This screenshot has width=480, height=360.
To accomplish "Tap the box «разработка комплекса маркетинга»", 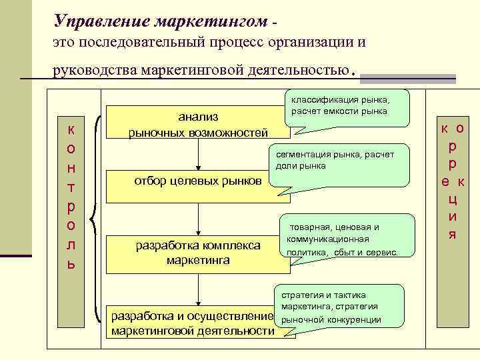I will (198, 253).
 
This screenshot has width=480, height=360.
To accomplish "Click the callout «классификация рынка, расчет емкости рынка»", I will (347, 106).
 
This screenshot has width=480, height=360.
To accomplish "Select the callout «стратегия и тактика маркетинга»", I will (340, 308).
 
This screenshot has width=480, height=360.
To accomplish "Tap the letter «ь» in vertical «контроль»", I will (71, 264).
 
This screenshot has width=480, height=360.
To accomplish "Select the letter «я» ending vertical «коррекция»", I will (452, 234).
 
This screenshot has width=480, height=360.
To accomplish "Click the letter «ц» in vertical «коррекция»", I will (452, 198).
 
